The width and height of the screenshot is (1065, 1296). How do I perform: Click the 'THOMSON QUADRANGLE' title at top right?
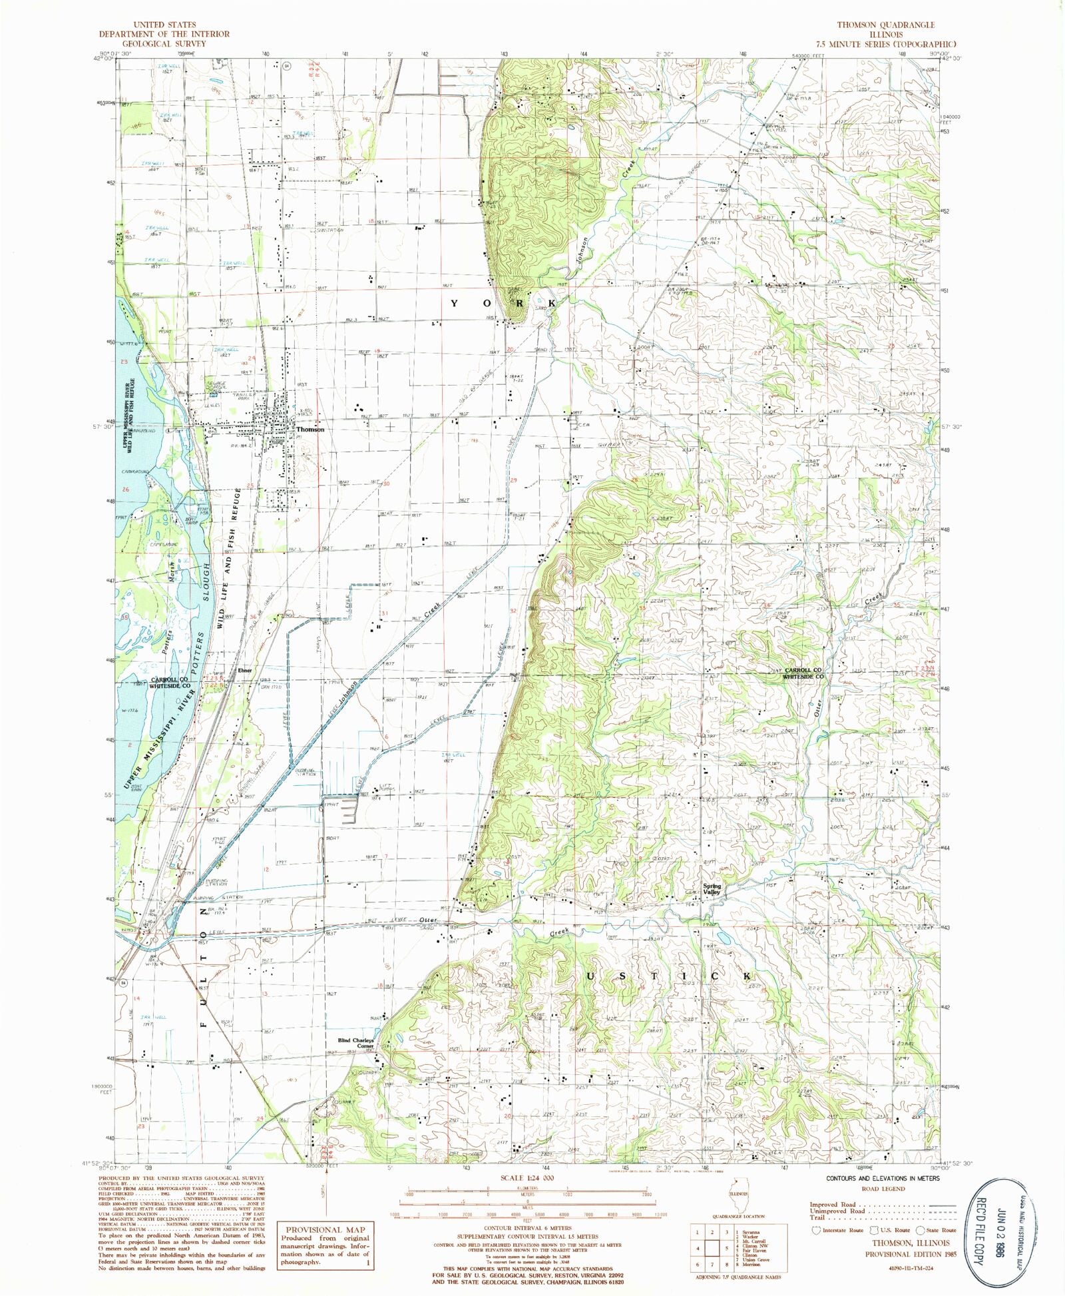point(885,25)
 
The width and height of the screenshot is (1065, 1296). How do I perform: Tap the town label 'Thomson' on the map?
point(310,430)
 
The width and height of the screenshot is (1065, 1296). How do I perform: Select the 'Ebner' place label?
point(244,671)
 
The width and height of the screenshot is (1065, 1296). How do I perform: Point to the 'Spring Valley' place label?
point(712,889)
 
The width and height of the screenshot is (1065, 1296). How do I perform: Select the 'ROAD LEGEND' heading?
point(883,1189)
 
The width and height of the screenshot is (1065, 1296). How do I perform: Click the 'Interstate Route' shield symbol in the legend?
point(816,1230)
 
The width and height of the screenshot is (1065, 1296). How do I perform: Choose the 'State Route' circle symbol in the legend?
point(920,1231)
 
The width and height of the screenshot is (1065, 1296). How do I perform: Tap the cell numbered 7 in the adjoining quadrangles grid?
point(712,1265)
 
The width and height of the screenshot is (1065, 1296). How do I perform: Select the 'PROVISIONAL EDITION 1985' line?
point(911,1254)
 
